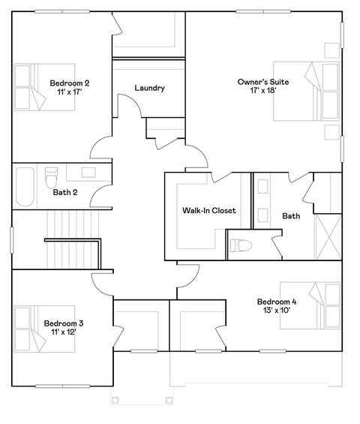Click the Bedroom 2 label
coord(70,83)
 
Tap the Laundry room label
coord(149,88)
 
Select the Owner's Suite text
coord(258,81)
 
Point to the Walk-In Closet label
coord(208,211)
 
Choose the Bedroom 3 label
coord(63,323)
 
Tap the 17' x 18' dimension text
coord(258,91)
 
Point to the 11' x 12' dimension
coord(63,332)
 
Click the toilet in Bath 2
coord(51,179)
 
